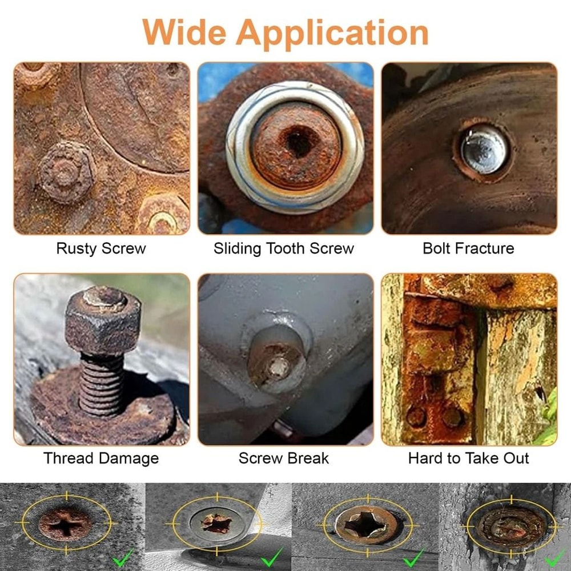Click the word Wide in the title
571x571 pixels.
click(184, 32)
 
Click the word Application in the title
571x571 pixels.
click(332, 34)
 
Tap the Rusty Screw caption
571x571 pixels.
click(101, 249)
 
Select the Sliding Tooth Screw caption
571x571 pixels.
click(284, 249)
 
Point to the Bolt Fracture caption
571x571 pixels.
click(468, 248)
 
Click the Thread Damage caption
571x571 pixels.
click(101, 459)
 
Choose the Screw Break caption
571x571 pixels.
click(284, 458)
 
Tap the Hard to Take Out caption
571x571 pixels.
click(468, 458)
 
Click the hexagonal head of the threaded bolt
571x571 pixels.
click(103, 320)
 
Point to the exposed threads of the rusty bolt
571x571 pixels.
click(102, 384)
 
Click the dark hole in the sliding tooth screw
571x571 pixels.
click(299, 142)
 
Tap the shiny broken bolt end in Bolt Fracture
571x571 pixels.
click(484, 149)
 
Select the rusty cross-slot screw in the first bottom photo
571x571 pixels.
click(65, 525)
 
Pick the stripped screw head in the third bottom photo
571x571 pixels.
click(366, 525)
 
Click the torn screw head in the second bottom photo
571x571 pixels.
click(216, 523)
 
